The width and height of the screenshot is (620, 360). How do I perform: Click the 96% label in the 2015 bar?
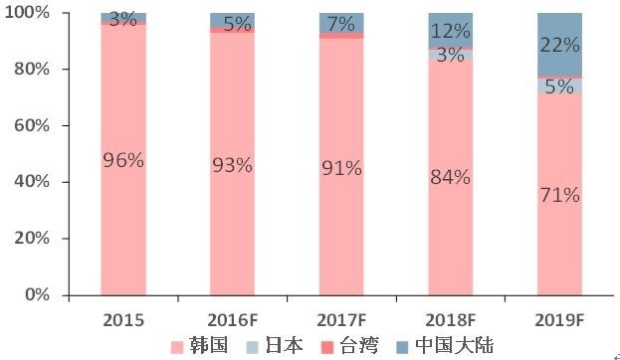pyautogui.click(x=123, y=158)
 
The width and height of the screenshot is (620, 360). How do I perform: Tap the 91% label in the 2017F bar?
pyautogui.click(x=341, y=168)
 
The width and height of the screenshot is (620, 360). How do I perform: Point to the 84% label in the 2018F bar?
pyautogui.click(x=450, y=178)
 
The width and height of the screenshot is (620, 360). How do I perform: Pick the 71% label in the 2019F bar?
pyautogui.click(x=559, y=195)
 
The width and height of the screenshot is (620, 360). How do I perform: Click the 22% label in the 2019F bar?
pyautogui.click(x=559, y=44)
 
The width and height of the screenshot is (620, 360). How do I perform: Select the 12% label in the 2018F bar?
pyautogui.click(x=450, y=32)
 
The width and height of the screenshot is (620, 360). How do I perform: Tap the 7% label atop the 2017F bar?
pyautogui.click(x=341, y=22)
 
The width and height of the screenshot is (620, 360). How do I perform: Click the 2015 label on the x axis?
pyautogui.click(x=123, y=319)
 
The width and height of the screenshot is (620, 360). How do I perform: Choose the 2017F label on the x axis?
pyautogui.click(x=341, y=319)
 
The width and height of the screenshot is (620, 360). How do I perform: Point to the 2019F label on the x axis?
pyautogui.click(x=559, y=319)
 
